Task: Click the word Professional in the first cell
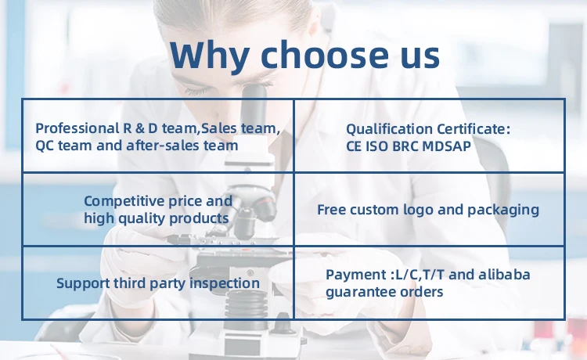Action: pos(77,128)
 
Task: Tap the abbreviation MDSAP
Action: pos(447,146)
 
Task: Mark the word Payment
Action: pos(355,275)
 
